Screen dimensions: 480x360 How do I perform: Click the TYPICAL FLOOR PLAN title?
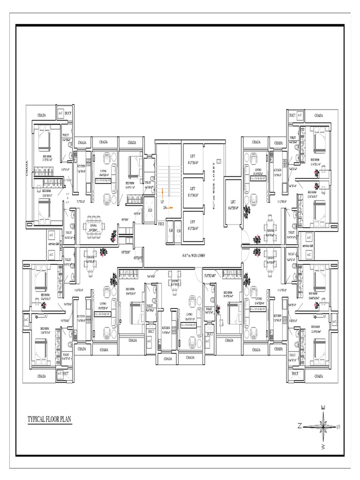[49, 419]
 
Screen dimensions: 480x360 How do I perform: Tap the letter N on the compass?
[299, 426]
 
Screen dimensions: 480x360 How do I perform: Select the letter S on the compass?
[338, 426]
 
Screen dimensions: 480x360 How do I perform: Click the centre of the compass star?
[323, 426]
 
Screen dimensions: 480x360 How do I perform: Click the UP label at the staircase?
[162, 202]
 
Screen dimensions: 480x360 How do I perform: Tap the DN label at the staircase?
[165, 208]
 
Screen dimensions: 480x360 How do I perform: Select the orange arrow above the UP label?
[162, 192]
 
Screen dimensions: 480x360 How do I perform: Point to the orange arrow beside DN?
[171, 208]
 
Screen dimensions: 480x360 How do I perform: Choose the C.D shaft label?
[178, 231]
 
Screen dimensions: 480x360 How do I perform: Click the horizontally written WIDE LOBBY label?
[194, 255]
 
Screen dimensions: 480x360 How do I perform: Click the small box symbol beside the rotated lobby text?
[219, 162]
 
